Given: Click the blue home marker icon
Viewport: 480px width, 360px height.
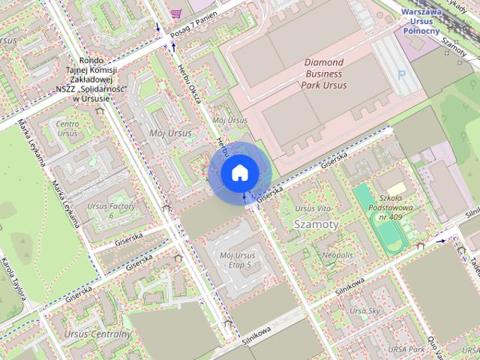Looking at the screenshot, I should click(x=239, y=172).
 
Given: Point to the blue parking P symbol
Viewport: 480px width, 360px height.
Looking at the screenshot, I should click(x=403, y=75).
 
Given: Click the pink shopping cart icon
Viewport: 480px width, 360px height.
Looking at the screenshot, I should click(x=176, y=12).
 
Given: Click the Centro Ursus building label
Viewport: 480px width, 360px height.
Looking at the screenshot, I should click(x=67, y=128).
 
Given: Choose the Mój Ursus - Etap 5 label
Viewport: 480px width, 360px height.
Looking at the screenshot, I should click(x=238, y=259).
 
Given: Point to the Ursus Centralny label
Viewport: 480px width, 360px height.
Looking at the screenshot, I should click(x=97, y=334).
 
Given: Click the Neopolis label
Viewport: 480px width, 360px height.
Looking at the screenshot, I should click(x=337, y=255).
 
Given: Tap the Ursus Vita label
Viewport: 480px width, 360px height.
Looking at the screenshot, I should click(x=313, y=208).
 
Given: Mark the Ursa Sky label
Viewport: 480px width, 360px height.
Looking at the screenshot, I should click(x=365, y=310).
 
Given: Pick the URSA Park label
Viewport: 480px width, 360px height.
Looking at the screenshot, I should click(x=407, y=349).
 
